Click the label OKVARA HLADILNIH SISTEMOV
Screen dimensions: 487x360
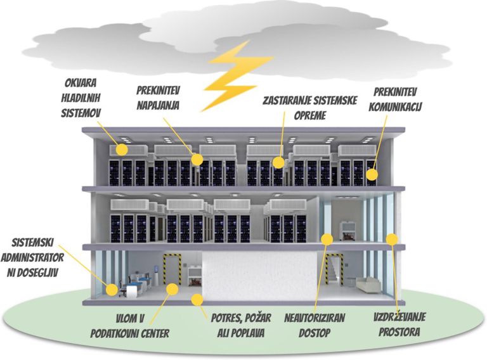[x=81, y=98]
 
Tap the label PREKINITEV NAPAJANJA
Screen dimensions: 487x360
[x=159, y=98]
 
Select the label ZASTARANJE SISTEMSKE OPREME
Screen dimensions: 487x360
[x=309, y=108]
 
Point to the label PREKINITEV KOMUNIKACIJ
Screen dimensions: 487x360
[x=395, y=100]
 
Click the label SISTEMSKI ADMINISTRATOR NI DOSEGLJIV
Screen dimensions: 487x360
[x=32, y=257]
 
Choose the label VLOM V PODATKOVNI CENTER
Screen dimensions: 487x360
[x=130, y=326]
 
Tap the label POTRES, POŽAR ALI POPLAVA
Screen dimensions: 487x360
[x=241, y=325]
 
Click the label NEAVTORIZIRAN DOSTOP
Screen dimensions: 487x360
[x=315, y=325]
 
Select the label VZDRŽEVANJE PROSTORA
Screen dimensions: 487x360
[x=399, y=325]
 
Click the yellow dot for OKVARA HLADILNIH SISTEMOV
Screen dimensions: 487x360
[x=122, y=150]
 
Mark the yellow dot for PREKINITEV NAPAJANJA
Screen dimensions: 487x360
[x=197, y=160]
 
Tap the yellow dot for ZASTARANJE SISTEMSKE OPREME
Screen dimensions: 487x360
[x=278, y=163]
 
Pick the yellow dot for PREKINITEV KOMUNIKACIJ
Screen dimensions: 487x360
[x=372, y=175]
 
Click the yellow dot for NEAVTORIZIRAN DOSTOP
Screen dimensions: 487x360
[x=327, y=239]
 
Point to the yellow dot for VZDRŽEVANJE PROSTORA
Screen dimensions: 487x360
[x=392, y=239]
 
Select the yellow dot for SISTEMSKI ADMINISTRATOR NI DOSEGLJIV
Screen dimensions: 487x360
[x=112, y=290]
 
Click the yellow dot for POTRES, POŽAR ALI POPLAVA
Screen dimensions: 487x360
[x=197, y=300]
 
